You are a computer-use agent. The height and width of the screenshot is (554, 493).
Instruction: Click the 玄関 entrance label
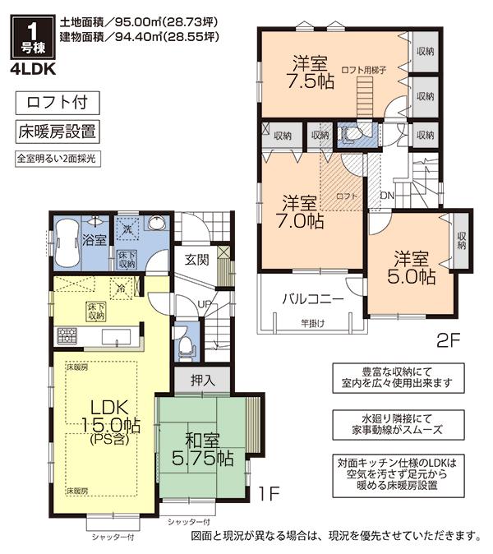[196, 260]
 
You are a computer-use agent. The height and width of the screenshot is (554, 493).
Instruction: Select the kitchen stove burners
[67, 335]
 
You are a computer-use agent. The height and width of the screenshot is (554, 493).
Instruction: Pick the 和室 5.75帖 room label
[200, 447]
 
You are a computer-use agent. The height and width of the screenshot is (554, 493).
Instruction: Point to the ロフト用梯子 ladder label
[362, 72]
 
